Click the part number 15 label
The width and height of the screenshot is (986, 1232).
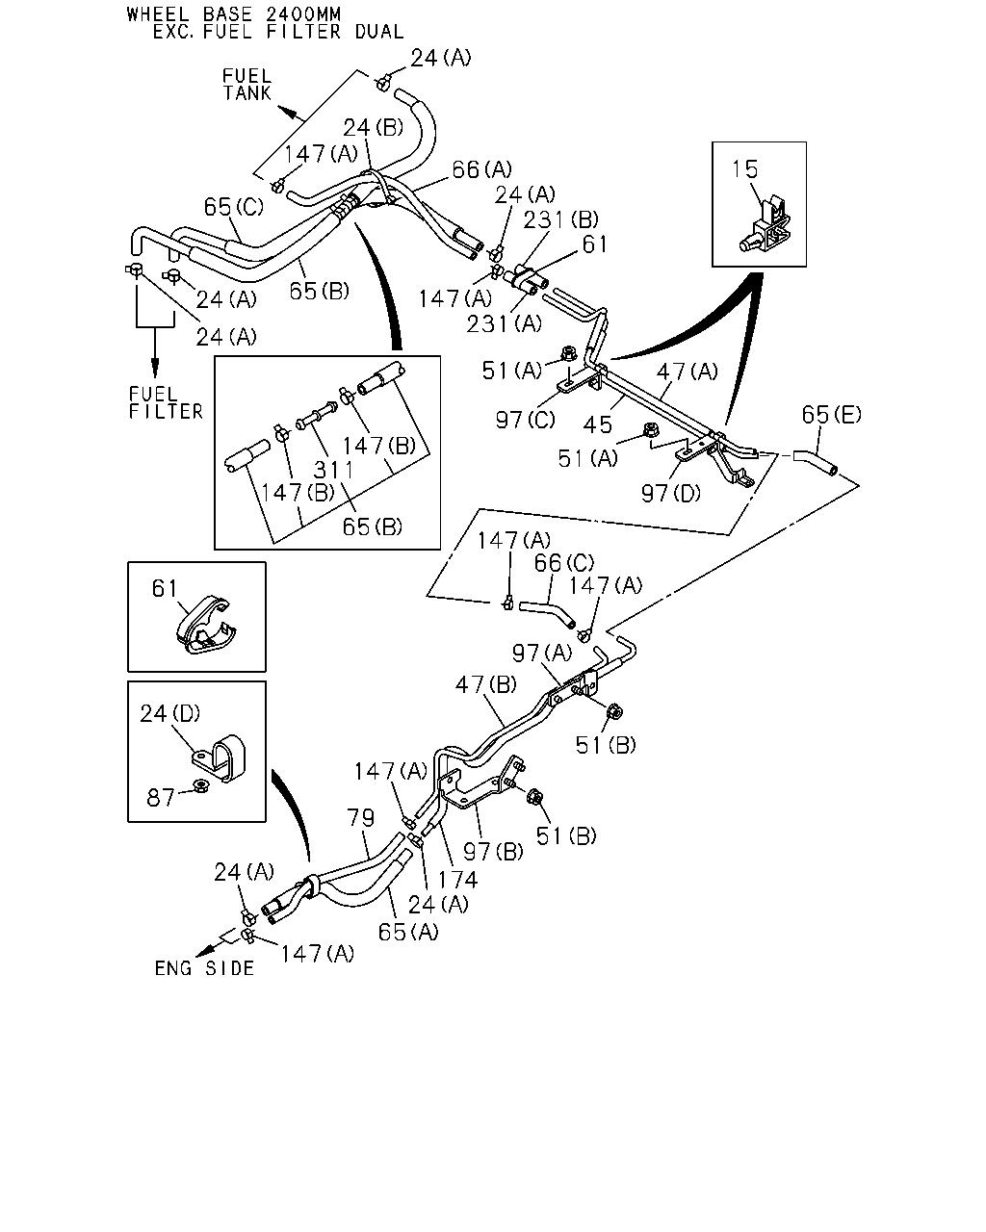point(744,169)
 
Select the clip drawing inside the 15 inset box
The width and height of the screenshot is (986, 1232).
point(766,226)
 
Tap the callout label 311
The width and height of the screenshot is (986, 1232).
point(334,470)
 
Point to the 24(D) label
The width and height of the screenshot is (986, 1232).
point(170,713)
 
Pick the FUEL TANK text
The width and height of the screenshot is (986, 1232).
point(246,84)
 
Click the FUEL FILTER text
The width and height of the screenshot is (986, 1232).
point(166,403)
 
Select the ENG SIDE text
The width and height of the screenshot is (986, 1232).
point(204,968)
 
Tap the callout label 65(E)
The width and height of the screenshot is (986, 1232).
point(831,415)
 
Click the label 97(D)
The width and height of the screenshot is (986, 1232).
point(671,493)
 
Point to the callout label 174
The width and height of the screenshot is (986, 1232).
point(457,880)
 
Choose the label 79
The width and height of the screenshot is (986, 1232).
point(361,818)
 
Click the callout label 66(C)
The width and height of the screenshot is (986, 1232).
point(564,563)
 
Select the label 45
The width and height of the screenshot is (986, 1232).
point(598,424)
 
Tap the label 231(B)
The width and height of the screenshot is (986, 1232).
point(561,219)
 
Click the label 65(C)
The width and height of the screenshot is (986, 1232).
point(234,207)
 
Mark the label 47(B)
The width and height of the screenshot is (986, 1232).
point(486,684)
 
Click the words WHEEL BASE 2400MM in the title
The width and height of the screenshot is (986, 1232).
point(234,14)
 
